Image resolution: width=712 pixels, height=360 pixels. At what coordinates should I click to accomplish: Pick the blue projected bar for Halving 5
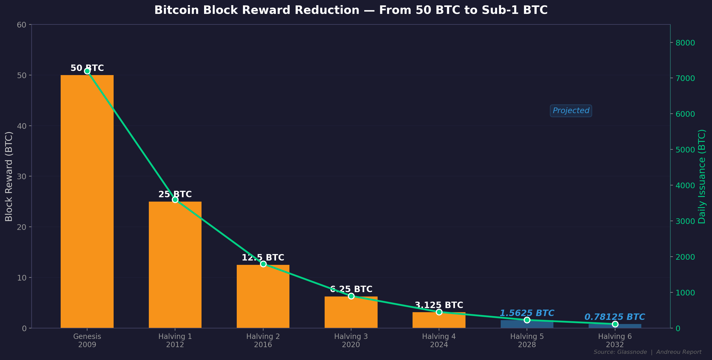coord(527,325)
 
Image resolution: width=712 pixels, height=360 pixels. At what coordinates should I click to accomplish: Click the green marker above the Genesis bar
coord(87,71)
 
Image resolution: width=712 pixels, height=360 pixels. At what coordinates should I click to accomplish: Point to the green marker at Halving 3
coord(351,296)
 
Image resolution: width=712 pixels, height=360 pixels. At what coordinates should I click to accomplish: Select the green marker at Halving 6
coord(615,324)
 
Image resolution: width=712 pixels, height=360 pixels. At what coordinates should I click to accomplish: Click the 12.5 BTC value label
coord(263,257)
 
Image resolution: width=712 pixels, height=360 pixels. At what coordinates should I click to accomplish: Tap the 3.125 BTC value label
coord(439,305)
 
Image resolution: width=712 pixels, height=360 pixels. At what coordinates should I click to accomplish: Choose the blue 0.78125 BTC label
coord(615,317)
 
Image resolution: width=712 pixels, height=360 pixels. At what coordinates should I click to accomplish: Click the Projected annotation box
coord(571,111)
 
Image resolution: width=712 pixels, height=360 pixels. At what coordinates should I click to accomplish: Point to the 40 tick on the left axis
coord(22,126)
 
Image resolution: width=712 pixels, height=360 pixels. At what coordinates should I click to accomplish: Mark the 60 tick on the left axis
coord(22,25)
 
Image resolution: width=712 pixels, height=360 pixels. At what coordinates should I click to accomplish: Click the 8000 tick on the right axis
coord(685,43)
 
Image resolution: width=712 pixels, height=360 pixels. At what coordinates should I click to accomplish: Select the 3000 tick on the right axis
coord(685,221)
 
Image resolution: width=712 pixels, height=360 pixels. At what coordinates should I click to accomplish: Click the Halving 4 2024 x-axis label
coord(439,340)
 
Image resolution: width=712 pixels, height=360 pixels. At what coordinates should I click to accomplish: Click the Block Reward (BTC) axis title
coord(9,176)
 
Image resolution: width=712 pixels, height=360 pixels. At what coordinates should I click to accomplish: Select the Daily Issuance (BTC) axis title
coord(702,176)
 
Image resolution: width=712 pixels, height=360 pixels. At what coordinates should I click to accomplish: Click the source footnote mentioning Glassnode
coord(647,352)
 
